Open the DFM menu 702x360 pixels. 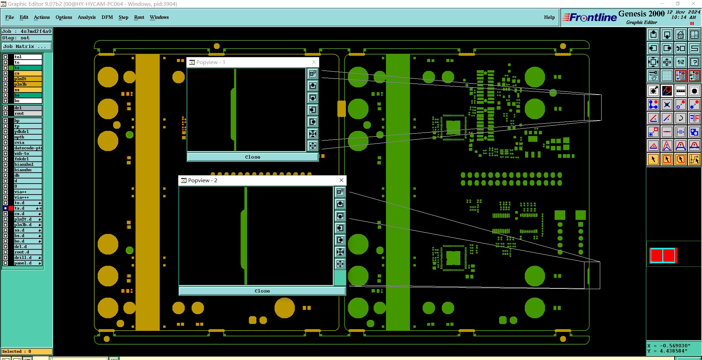pyautogui.click(x=107, y=17)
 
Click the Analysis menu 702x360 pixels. pyautogui.click(x=86, y=17)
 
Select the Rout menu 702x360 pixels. pyautogui.click(x=139, y=17)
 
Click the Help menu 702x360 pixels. pyautogui.click(x=549, y=17)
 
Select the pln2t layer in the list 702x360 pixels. pyautogui.click(x=27, y=79)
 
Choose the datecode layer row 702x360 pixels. pyautogui.click(x=27, y=148)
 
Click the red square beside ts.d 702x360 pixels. pyautogui.click(x=11, y=208)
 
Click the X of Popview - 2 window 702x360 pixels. pyautogui.click(x=341, y=180)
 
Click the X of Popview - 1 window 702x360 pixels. pyautogui.click(x=314, y=62)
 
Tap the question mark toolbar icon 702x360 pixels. pyautogui.click(x=694, y=62)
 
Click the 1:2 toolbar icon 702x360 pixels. pyautogui.click(x=680, y=62)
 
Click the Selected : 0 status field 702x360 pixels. pyautogui.click(x=27, y=351)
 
